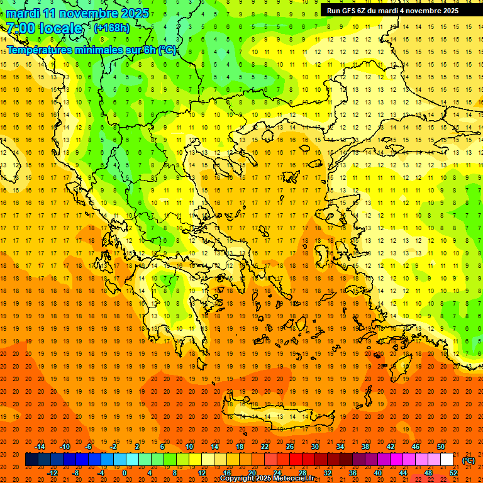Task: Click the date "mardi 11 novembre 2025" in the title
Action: pyautogui.click(x=78, y=13)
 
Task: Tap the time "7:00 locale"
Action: pyautogui.click(x=44, y=29)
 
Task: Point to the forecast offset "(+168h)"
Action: pyautogui.click(x=112, y=28)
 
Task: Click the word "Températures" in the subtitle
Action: pyautogui.click(x=39, y=50)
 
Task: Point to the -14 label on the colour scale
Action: pyautogui.click(x=40, y=447)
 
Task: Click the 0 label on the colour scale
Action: pyautogui.click(x=124, y=473)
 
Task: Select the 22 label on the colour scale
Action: pyautogui.click(x=265, y=447)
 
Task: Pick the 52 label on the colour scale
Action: pyautogui.click(x=453, y=473)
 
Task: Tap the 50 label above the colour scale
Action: pyautogui.click(x=441, y=447)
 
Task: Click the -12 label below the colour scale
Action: pyautogui.click(x=52, y=473)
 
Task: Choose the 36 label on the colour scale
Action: pyautogui.click(x=353, y=473)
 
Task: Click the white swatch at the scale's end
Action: pyautogui.click(x=447, y=460)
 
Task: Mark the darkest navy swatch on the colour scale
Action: pyautogui.click(x=31, y=460)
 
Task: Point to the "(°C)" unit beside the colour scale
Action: pyautogui.click(x=469, y=460)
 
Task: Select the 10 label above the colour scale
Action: pyautogui.click(x=189, y=447)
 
